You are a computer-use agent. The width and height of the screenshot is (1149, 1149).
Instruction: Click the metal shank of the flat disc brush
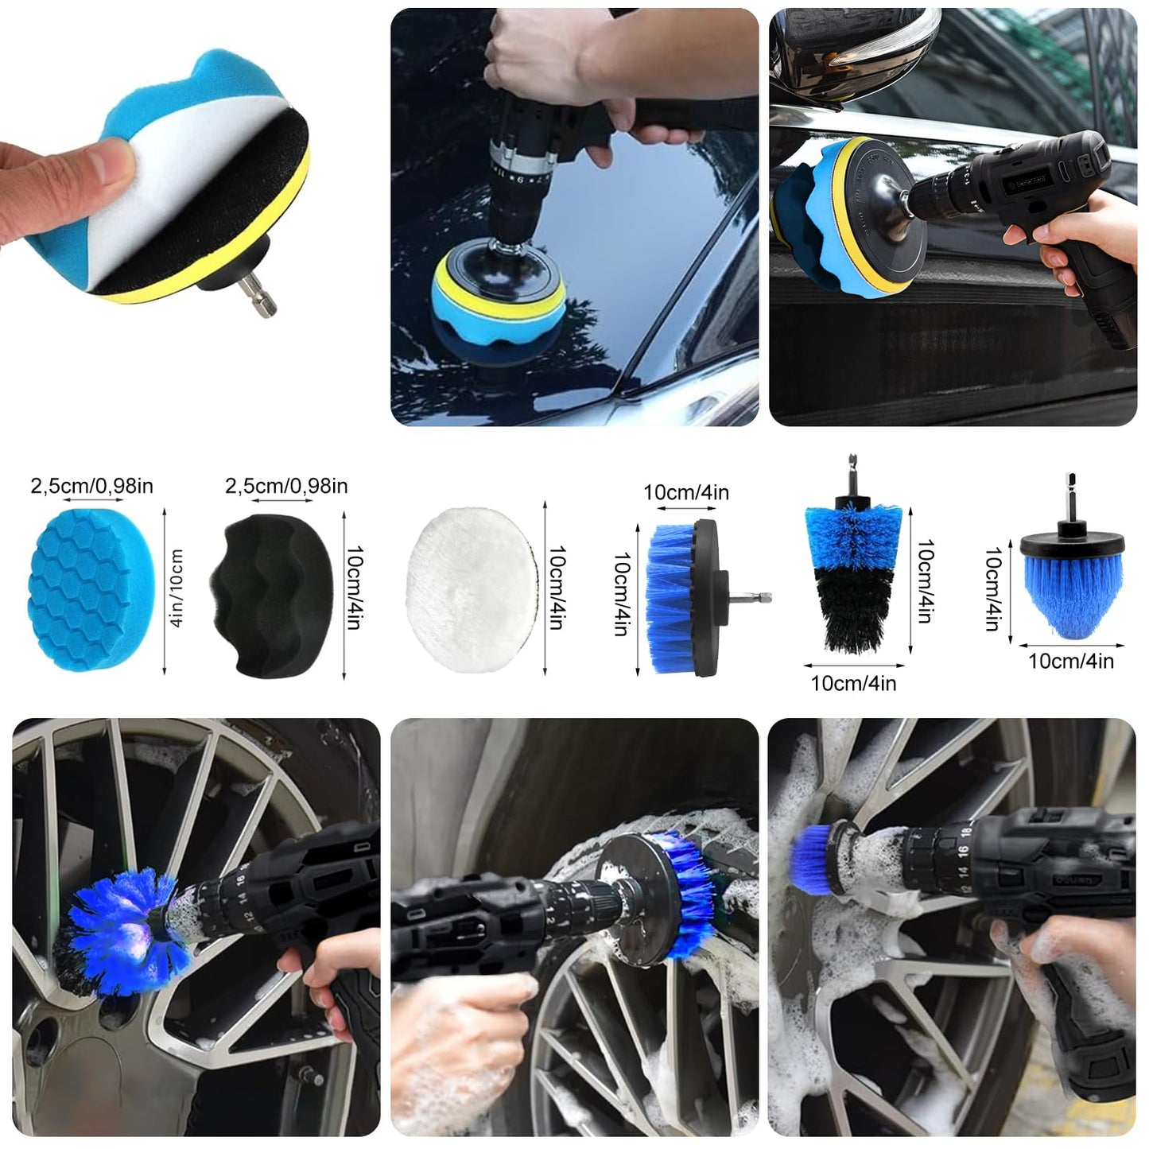pyautogui.click(x=751, y=597)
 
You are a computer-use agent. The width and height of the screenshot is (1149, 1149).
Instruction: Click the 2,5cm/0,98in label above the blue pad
pyautogui.click(x=91, y=486)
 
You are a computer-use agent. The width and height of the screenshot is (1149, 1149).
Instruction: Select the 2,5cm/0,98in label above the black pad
pyautogui.click(x=286, y=486)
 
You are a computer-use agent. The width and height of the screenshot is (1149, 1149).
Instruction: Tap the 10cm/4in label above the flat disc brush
pyautogui.click(x=685, y=492)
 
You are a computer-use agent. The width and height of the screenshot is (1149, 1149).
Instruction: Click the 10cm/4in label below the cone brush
pyautogui.click(x=853, y=683)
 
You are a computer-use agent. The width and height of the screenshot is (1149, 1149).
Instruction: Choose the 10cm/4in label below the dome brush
pyautogui.click(x=1072, y=662)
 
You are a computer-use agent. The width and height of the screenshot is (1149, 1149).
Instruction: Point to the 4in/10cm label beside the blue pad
pyautogui.click(x=177, y=588)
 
